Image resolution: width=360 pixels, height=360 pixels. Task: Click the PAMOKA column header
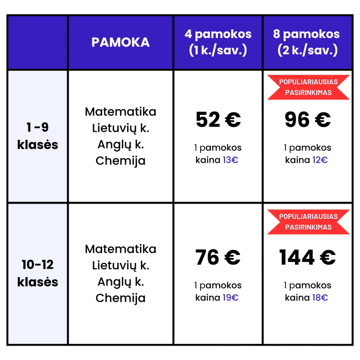121,42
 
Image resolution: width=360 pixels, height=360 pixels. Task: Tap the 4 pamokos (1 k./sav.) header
218,42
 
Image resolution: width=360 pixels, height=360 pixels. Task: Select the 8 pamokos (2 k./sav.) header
307,42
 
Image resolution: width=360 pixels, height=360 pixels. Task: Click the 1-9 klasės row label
38,136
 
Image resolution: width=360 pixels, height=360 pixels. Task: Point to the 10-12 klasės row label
38,273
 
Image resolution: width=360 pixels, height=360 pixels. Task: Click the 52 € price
218,120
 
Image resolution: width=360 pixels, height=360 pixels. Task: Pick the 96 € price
307,120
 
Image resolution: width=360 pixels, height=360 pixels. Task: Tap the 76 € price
218,257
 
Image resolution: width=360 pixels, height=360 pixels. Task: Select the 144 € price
307,257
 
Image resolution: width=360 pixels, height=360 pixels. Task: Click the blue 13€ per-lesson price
231,160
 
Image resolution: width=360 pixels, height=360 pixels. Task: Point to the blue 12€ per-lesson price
320,160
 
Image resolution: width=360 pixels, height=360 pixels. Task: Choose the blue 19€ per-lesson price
231,298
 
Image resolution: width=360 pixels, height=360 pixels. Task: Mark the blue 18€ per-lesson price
320,298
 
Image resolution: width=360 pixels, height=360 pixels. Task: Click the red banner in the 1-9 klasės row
308,87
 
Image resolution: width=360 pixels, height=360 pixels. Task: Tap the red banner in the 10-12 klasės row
308,222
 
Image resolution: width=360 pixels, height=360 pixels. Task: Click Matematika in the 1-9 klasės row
121,112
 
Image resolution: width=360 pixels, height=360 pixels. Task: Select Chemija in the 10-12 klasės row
121,298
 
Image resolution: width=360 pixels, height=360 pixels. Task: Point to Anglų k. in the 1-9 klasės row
121,144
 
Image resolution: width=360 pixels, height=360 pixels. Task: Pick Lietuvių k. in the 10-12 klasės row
121,265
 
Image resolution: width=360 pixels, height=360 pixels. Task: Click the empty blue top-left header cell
38,42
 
